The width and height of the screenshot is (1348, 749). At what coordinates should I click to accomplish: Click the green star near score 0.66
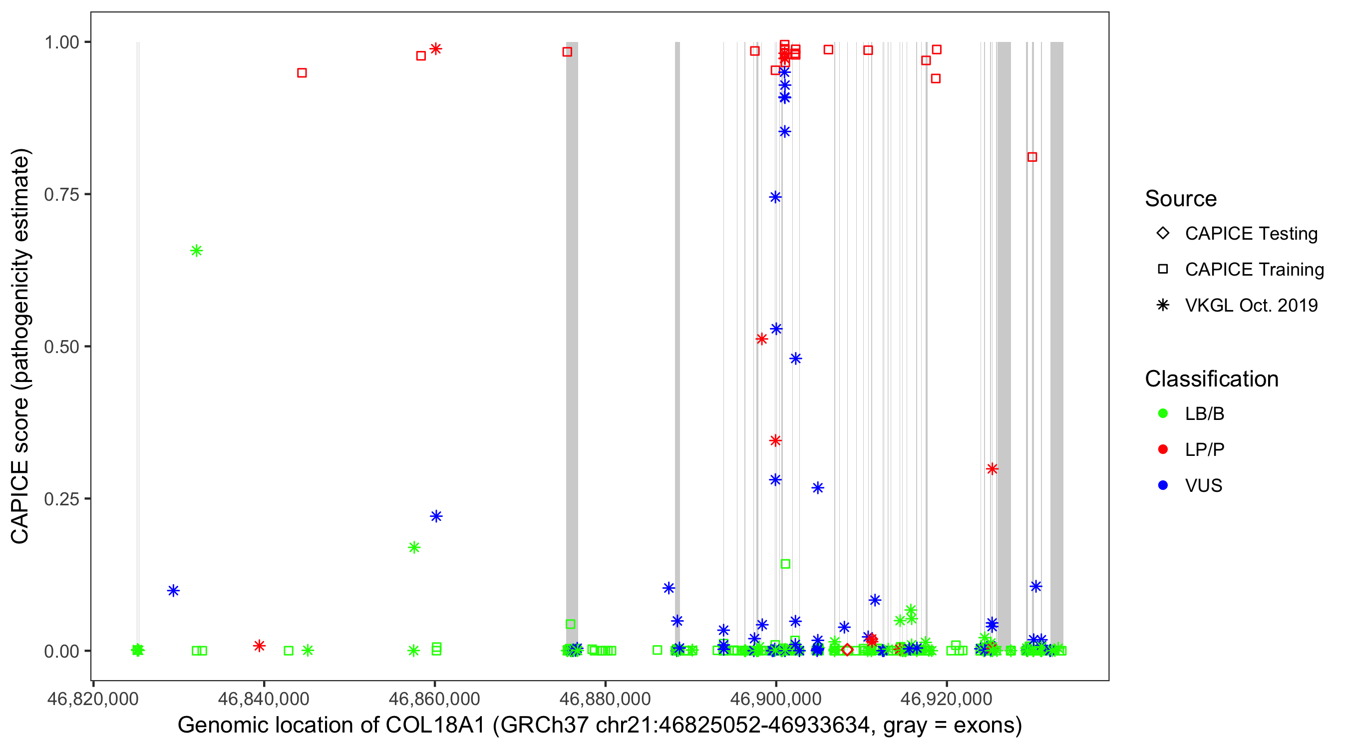point(196,251)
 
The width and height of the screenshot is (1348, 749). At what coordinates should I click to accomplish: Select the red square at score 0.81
point(1032,157)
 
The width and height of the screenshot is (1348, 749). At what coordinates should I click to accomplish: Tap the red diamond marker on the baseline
point(848,650)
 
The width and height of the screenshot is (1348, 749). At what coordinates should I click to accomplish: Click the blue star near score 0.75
point(775,197)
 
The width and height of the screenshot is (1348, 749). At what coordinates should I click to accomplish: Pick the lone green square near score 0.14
point(785,564)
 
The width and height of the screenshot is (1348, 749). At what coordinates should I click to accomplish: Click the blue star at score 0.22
point(436,516)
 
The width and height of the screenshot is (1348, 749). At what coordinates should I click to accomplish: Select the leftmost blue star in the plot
point(173,590)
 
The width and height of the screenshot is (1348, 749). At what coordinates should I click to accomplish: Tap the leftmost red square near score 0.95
point(302,73)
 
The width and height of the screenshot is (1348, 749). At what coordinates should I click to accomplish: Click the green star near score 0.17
point(414,547)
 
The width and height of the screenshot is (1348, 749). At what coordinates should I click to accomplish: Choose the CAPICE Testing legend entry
point(1251,234)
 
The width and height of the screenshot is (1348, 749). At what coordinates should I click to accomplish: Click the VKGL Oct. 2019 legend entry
point(1251,305)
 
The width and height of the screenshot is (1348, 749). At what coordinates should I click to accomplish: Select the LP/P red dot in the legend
point(1163,449)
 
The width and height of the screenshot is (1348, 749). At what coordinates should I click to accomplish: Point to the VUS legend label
point(1203,486)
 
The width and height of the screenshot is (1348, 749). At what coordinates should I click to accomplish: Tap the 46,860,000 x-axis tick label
point(434,699)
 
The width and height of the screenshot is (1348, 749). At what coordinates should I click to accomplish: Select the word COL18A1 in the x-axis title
point(435,726)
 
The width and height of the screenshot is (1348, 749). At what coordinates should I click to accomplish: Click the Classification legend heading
point(1211,379)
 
